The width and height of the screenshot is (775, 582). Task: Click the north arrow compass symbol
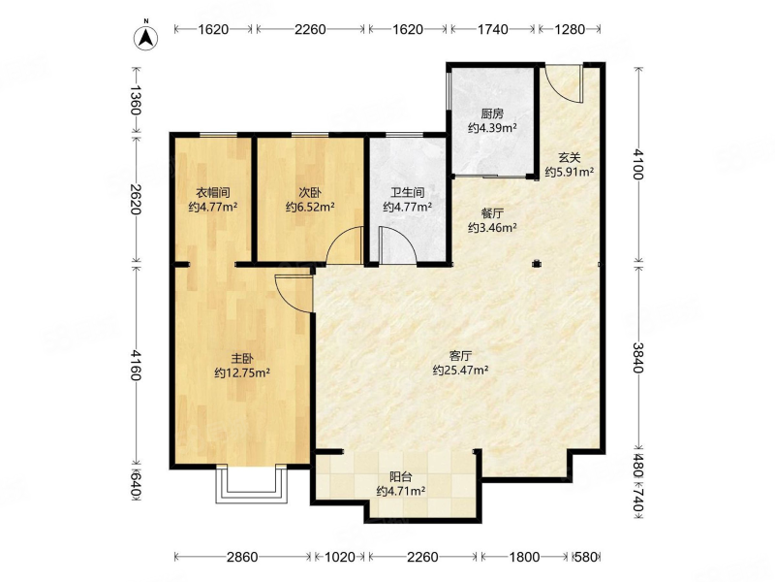pyautogui.click(x=146, y=37)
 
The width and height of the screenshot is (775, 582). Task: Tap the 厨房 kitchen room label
pyautogui.click(x=492, y=113)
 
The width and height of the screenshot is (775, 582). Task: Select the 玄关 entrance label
pyautogui.click(x=569, y=158)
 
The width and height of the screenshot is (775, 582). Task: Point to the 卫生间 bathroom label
pyautogui.click(x=407, y=192)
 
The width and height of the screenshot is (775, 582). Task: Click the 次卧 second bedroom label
pyautogui.click(x=310, y=192)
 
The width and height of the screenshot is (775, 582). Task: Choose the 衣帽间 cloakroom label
pyautogui.click(x=213, y=192)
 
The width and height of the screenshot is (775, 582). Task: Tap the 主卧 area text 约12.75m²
pyautogui.click(x=242, y=372)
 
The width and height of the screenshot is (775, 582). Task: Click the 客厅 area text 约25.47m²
pyautogui.click(x=461, y=370)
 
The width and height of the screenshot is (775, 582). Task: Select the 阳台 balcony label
pyautogui.click(x=401, y=477)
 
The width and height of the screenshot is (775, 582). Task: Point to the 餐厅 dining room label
pyautogui.click(x=492, y=213)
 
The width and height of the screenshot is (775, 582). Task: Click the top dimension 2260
pyautogui.click(x=310, y=30)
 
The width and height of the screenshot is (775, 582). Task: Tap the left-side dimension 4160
pyautogui.click(x=136, y=365)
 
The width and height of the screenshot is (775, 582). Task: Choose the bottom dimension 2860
pyautogui.click(x=242, y=557)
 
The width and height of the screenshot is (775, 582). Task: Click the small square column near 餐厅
pyautogui.click(x=537, y=264)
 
